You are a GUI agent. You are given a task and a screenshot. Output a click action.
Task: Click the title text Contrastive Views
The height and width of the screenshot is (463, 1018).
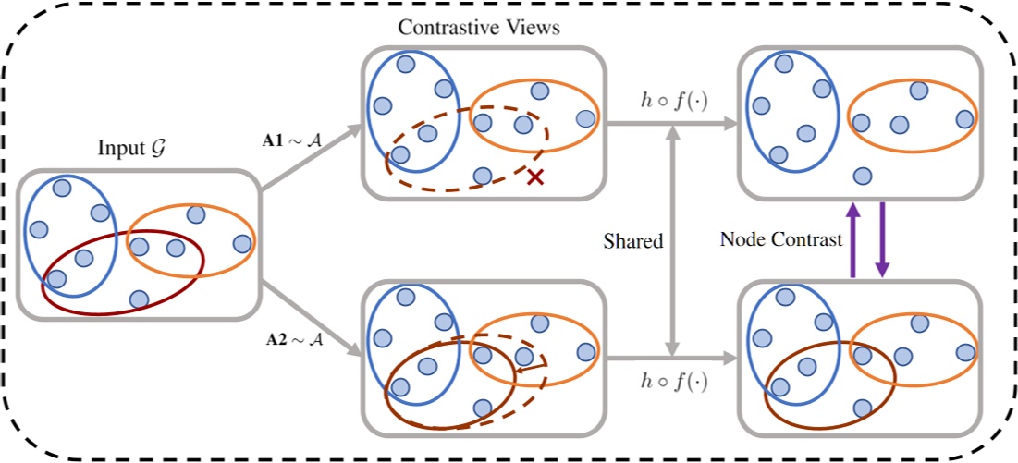478,27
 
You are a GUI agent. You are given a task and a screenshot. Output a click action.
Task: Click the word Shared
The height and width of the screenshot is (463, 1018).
633,241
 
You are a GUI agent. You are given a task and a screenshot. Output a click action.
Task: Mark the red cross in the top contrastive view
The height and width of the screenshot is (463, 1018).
534,177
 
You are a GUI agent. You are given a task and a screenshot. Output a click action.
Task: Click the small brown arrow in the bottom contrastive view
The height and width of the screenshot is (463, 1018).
531,369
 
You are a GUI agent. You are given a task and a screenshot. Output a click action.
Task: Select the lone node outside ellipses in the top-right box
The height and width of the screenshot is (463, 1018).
863,175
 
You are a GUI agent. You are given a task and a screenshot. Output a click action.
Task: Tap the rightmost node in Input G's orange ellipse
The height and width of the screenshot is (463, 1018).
242,244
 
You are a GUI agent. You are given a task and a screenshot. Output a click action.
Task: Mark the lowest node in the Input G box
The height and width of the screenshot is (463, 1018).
139,299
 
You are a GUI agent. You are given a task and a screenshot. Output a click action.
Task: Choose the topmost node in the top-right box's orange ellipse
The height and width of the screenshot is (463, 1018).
918,90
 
